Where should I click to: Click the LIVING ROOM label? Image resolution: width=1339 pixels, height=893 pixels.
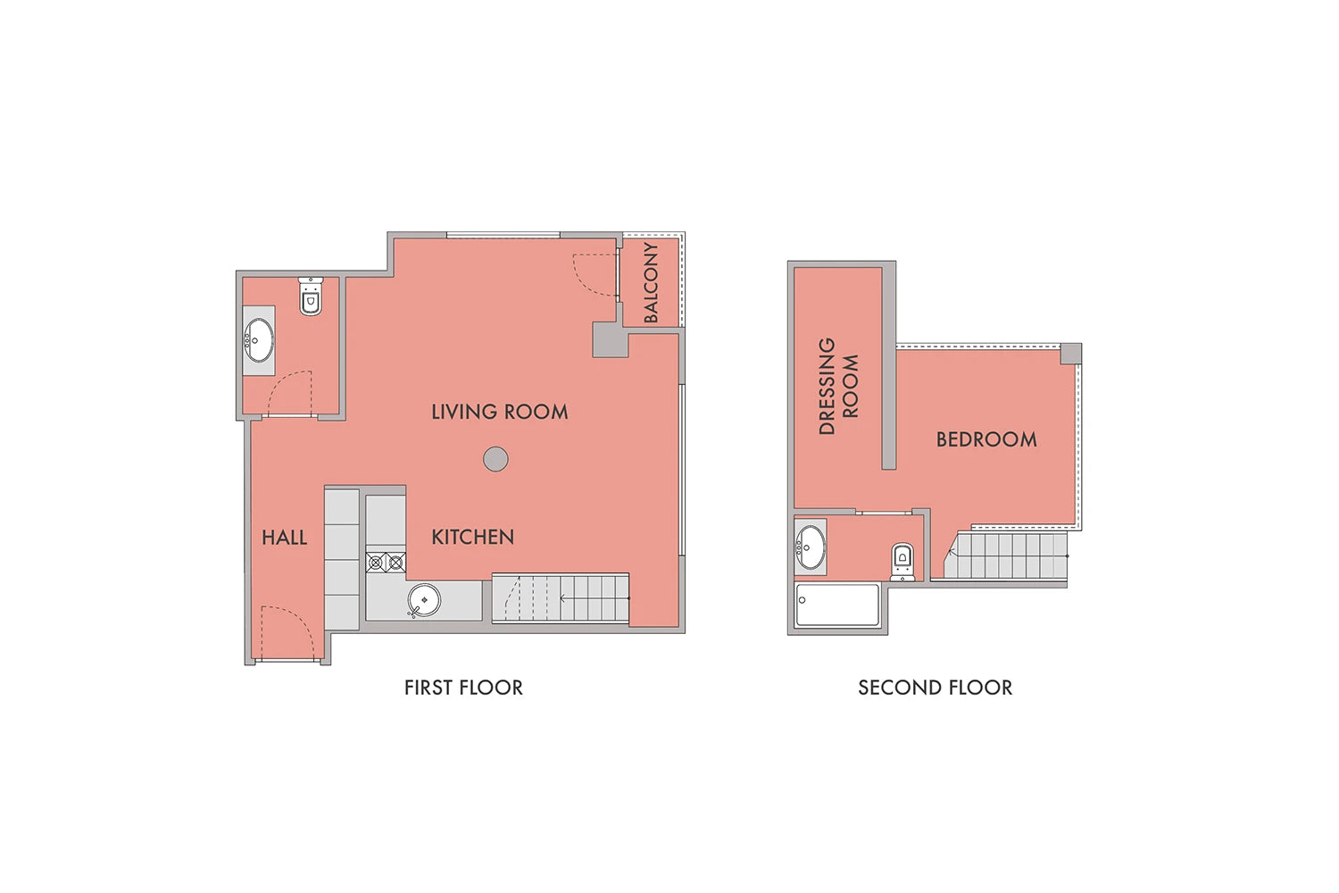(500, 412)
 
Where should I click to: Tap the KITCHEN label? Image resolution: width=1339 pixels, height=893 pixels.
(473, 537)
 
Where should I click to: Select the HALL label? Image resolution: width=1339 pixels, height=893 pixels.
(285, 538)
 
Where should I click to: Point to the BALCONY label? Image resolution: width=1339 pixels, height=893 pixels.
(651, 282)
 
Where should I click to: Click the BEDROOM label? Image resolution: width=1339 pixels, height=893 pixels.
(986, 439)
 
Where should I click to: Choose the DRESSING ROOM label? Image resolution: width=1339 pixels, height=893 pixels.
(838, 386)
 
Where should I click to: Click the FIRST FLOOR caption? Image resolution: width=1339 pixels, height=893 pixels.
(463, 688)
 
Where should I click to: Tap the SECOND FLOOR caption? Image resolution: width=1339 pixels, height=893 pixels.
(936, 688)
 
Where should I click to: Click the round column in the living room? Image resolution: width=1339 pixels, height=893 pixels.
(495, 459)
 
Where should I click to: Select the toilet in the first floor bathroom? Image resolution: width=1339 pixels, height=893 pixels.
(311, 296)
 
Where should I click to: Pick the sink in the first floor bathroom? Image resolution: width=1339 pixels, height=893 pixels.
(259, 340)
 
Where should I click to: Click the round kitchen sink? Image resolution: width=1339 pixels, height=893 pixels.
(424, 600)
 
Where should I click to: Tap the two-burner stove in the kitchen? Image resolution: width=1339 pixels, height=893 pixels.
(386, 563)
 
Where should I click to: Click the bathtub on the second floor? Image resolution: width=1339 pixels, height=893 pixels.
(837, 605)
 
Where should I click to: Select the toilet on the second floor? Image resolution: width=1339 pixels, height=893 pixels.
(902, 561)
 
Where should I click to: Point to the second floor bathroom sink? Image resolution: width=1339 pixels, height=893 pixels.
(811, 547)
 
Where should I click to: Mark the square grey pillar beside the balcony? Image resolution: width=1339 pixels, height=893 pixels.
(611, 339)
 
